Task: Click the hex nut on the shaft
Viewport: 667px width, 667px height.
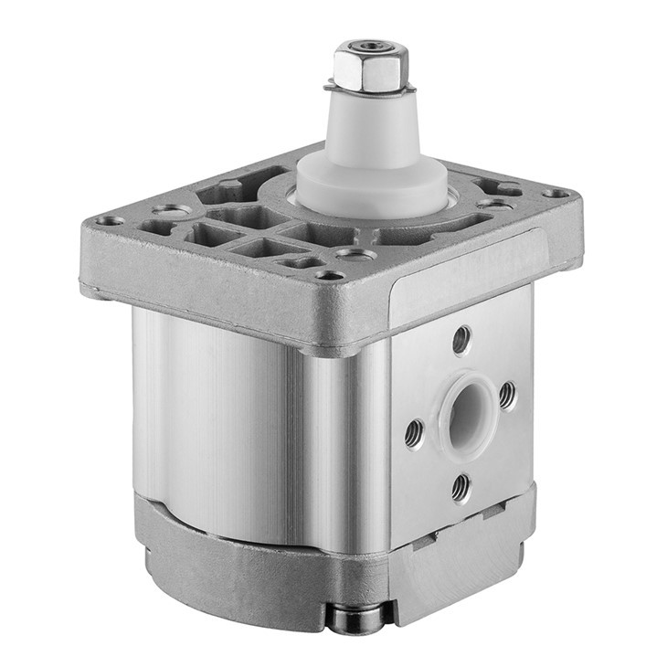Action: click(x=368, y=69)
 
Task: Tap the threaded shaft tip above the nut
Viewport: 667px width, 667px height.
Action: click(x=369, y=45)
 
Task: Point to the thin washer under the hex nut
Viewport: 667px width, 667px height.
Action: click(x=370, y=89)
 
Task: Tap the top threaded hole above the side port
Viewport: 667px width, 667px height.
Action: click(x=462, y=341)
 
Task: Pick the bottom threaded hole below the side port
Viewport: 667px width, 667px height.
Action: click(x=461, y=487)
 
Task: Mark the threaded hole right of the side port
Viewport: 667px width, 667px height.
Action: click(x=507, y=395)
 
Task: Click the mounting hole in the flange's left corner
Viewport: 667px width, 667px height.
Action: click(x=111, y=220)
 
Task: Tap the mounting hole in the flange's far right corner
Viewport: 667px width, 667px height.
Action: click(x=556, y=193)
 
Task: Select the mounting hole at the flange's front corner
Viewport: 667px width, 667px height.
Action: click(x=330, y=274)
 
